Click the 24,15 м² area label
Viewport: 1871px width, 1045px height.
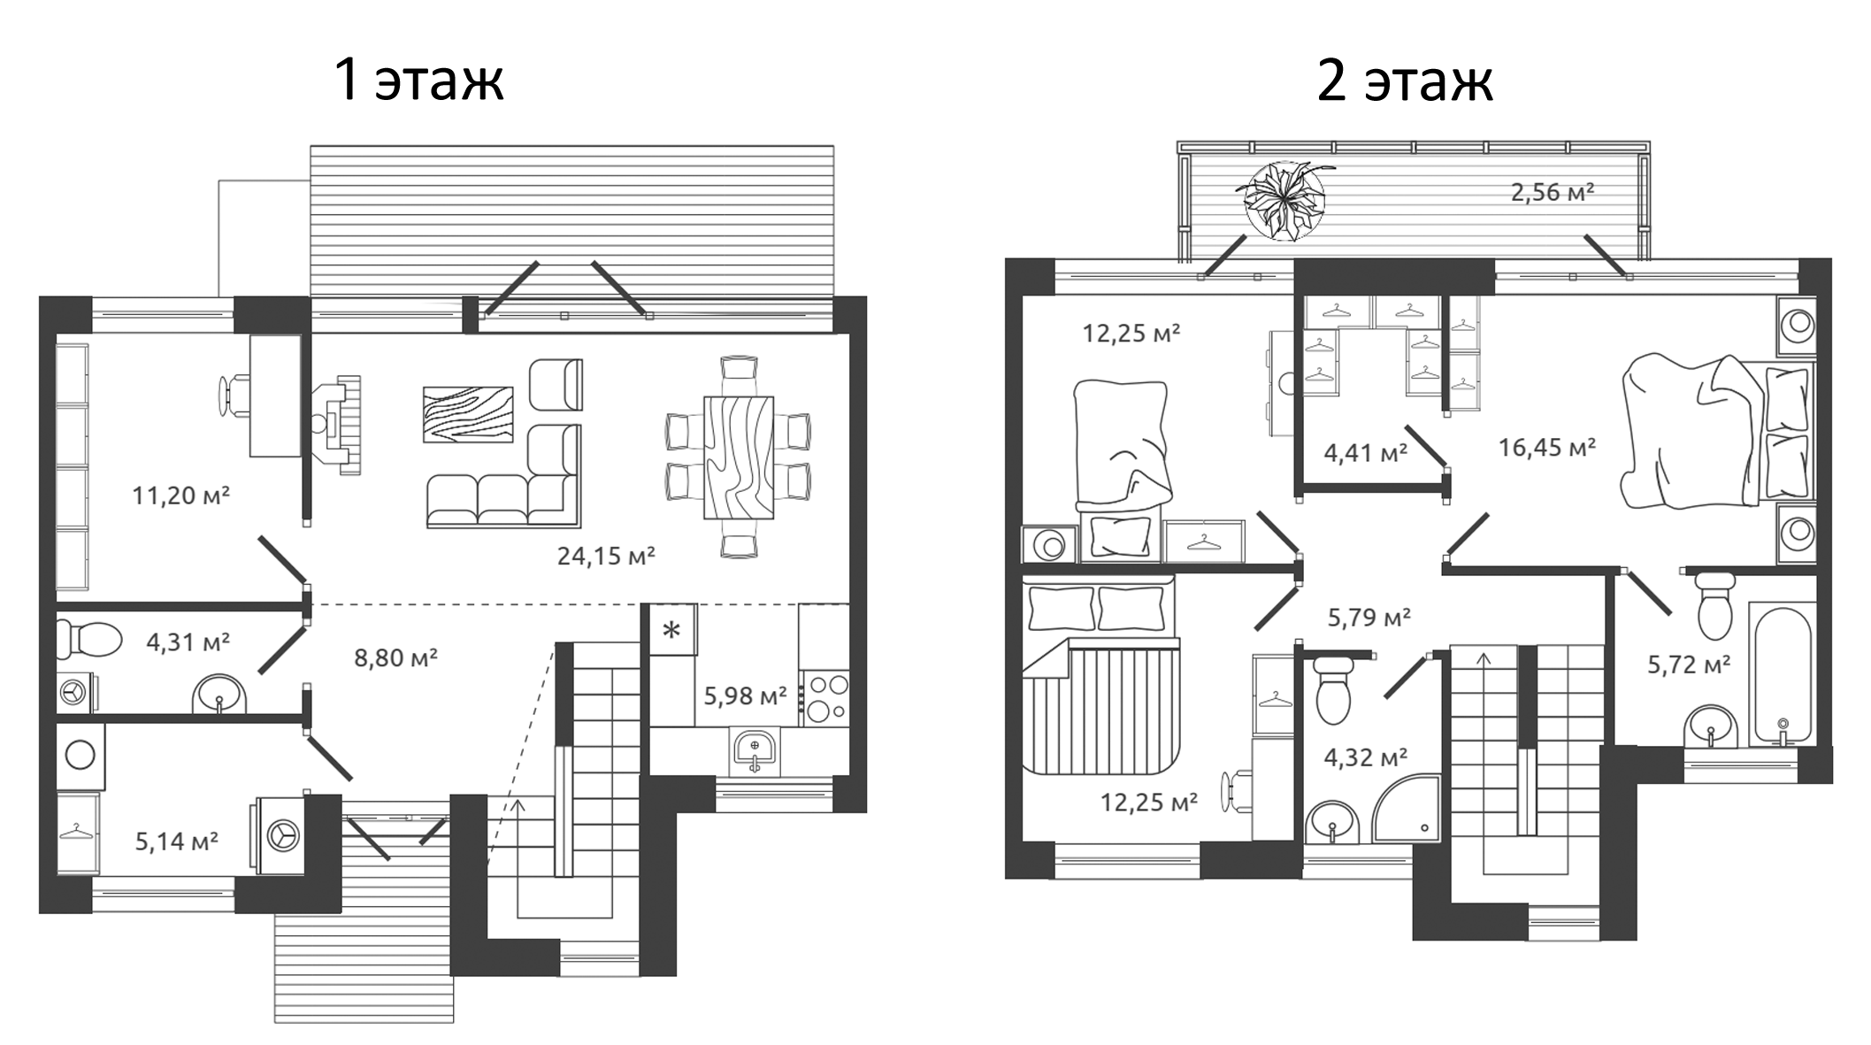(606, 557)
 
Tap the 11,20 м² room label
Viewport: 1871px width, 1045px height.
(180, 496)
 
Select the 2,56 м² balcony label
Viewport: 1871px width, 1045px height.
(1553, 192)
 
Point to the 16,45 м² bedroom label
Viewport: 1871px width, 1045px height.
(1546, 448)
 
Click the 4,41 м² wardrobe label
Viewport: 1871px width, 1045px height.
(1365, 454)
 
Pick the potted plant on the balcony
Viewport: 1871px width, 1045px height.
(1284, 201)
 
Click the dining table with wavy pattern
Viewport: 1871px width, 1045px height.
(739, 457)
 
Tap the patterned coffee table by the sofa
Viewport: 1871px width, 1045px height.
(468, 414)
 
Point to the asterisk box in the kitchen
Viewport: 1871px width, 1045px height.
(672, 630)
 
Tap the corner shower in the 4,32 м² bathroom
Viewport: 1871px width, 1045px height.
(1407, 810)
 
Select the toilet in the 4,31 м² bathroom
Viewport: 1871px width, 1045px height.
(89, 639)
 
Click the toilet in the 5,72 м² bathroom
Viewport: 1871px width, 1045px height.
(1714, 605)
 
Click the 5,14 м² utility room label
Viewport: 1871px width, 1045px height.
(176, 841)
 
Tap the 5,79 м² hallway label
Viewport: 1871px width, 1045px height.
(1369, 618)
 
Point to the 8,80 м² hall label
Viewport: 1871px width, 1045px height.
(395, 658)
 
